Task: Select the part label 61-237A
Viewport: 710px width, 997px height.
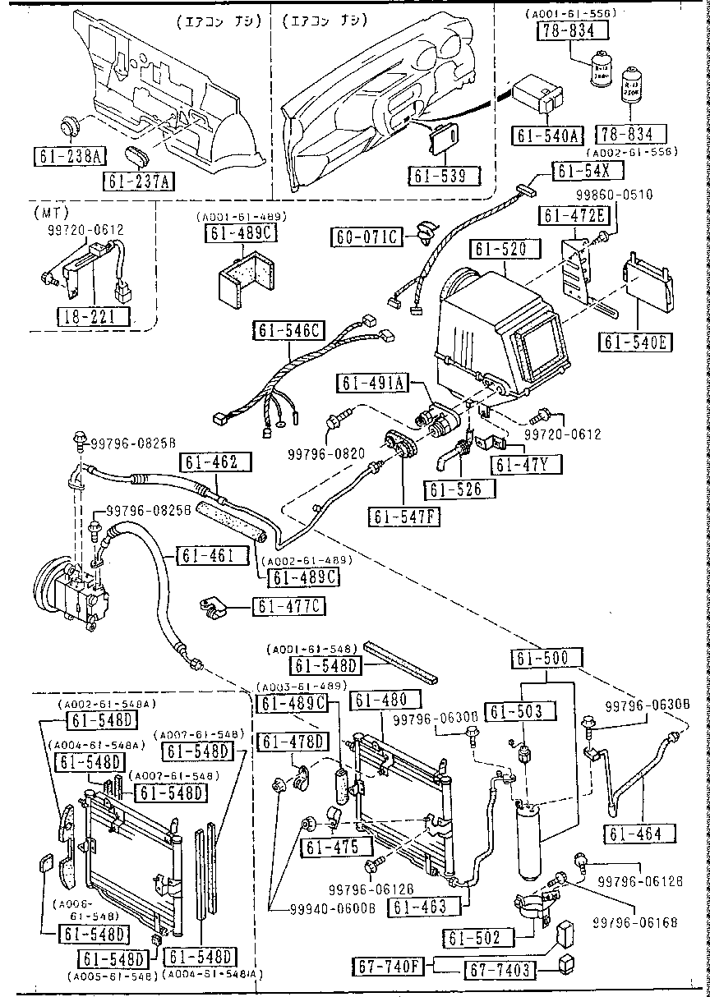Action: [x=139, y=181]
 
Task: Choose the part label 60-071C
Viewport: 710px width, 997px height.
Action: [x=367, y=237]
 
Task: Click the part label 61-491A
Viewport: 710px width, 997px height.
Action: [x=372, y=384]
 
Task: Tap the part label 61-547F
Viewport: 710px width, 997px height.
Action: [x=406, y=517]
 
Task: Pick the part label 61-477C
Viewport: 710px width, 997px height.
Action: [x=279, y=607]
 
